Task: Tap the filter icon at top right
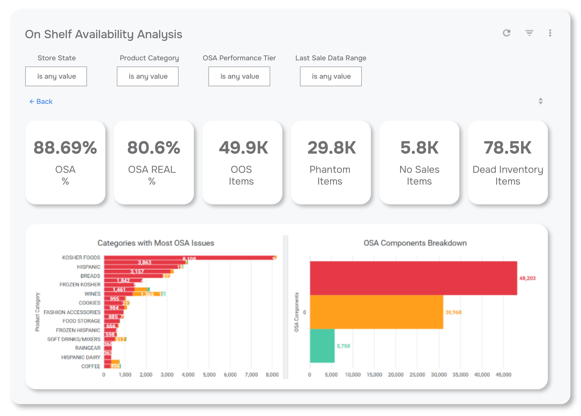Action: [x=529, y=33]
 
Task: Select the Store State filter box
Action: [x=56, y=76]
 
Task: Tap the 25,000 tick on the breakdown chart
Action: [x=417, y=374]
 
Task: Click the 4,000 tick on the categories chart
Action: [x=188, y=374]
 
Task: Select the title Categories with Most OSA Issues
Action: [x=156, y=243]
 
